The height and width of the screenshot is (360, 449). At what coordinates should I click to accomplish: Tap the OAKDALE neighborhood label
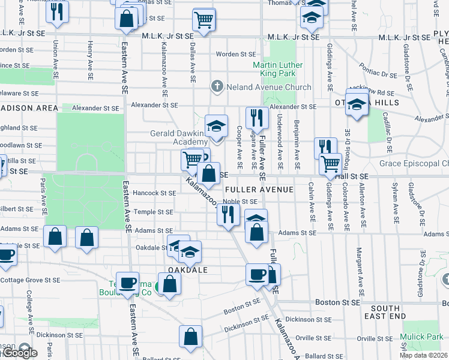click(x=187, y=270)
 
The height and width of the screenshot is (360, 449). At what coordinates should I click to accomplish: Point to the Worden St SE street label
click(x=236, y=54)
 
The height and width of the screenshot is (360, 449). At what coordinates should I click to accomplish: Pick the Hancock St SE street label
click(x=155, y=193)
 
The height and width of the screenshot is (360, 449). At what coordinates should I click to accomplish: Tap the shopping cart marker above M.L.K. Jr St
click(x=203, y=20)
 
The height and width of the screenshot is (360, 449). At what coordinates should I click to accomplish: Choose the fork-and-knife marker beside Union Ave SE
click(x=56, y=13)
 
